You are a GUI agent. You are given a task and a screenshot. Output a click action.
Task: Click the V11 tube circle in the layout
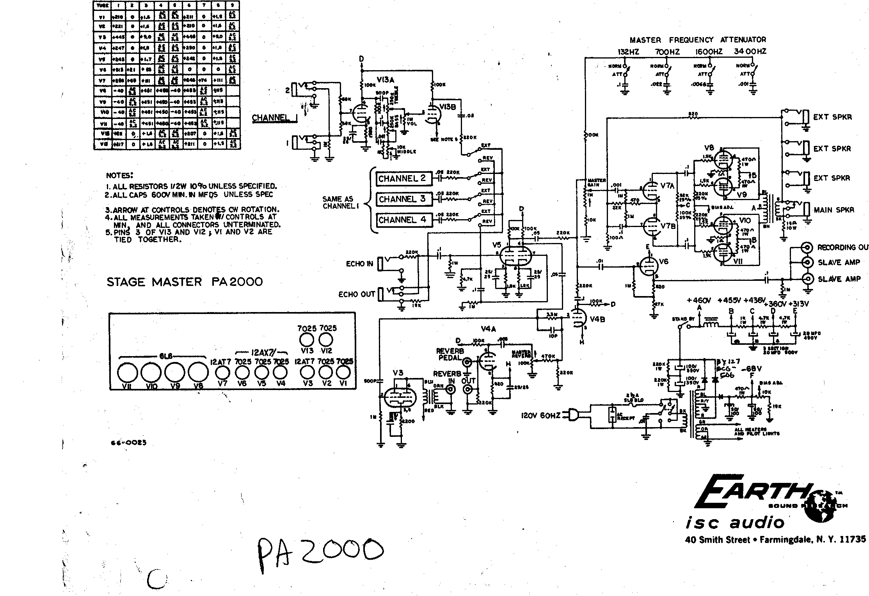[x=128, y=374]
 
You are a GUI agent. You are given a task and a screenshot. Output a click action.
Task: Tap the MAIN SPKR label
[x=833, y=210]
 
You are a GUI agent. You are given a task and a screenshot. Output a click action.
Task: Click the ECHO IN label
[x=359, y=264]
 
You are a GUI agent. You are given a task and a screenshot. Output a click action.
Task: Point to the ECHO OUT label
[x=356, y=294]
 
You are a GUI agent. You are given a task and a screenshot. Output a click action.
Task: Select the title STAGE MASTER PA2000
[x=185, y=282]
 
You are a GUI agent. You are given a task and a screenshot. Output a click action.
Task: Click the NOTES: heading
[x=120, y=176]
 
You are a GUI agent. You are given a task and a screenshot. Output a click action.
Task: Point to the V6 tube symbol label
[x=663, y=261]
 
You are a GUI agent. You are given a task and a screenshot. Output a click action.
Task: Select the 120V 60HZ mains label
[x=541, y=416]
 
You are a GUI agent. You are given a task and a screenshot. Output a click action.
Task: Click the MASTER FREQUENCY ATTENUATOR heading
[x=698, y=40]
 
